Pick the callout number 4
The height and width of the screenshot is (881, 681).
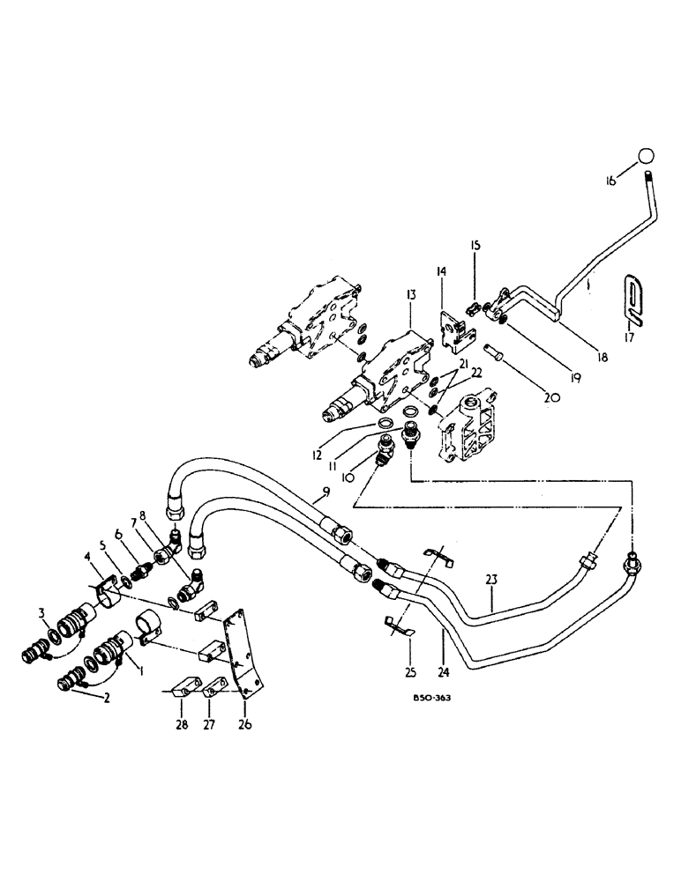[87, 557]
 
